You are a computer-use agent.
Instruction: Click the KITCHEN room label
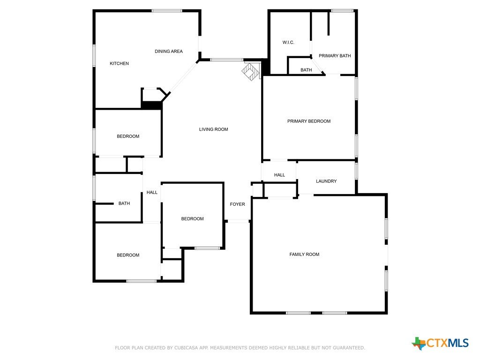119,63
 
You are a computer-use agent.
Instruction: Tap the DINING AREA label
169,52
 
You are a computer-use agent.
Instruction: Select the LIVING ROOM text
213,129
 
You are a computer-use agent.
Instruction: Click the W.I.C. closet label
288,42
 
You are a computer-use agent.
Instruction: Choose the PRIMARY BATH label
335,56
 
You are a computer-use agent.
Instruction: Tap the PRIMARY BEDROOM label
309,121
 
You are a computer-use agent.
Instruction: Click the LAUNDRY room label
326,181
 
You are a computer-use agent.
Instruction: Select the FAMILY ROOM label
304,255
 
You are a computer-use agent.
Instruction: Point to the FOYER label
238,204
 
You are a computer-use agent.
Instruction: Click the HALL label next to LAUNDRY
279,175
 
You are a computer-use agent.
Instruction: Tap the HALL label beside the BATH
152,192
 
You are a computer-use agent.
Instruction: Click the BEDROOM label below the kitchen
128,136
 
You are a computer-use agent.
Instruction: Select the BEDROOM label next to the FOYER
192,218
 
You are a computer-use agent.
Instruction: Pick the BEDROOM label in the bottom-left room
128,255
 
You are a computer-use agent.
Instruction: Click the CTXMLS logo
440,343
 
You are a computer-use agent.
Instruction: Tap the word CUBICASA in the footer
186,348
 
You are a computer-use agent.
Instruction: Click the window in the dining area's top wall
167,11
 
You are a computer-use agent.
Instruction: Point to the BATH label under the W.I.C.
306,70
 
